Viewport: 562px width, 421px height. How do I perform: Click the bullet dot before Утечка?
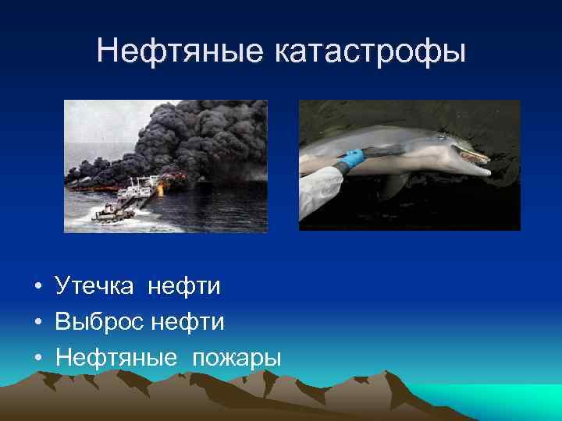pyautogui.click(x=37, y=288)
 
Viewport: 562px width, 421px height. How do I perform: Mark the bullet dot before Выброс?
pyautogui.click(x=37, y=324)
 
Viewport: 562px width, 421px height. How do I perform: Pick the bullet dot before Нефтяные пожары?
pyautogui.click(x=37, y=359)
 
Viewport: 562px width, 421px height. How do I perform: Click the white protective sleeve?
pyautogui.click(x=320, y=191)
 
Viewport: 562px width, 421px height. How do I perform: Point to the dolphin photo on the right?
pyautogui.click(x=410, y=165)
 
